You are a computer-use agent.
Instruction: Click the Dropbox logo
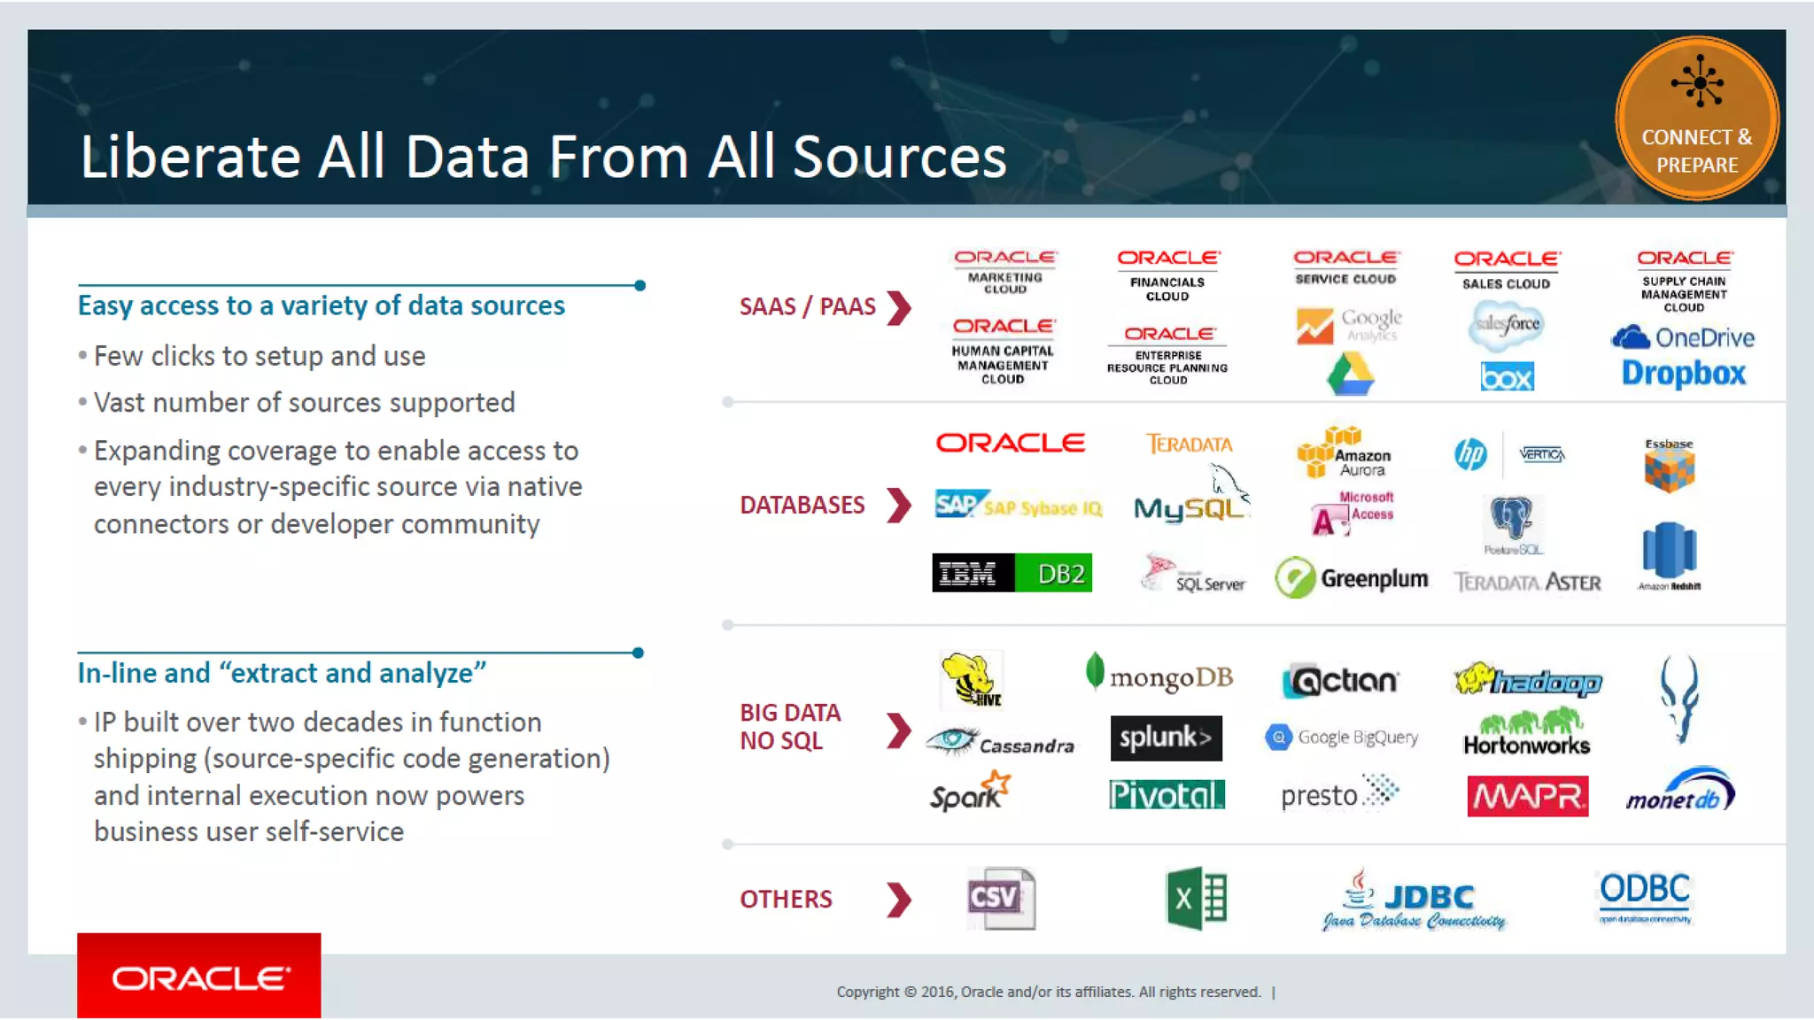point(1683,374)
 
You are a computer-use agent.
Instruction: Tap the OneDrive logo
point(1682,337)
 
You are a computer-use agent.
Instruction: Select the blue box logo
point(1507,377)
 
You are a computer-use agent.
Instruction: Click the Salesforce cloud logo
point(1506,324)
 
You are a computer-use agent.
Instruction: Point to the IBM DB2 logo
point(1012,573)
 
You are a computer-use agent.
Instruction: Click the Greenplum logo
point(1352,578)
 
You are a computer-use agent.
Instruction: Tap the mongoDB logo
point(1159,676)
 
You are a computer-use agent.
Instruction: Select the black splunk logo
point(1166,738)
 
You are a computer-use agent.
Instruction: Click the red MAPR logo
point(1527,796)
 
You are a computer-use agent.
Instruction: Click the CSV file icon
point(1001,898)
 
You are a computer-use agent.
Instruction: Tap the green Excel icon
point(1196,898)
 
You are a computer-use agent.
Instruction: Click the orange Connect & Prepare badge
point(1696,118)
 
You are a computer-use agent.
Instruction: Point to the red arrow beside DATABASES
point(899,506)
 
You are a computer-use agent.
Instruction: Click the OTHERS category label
point(786,900)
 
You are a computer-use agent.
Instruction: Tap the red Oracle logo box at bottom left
point(199,976)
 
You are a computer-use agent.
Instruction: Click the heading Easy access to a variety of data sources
point(321,305)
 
